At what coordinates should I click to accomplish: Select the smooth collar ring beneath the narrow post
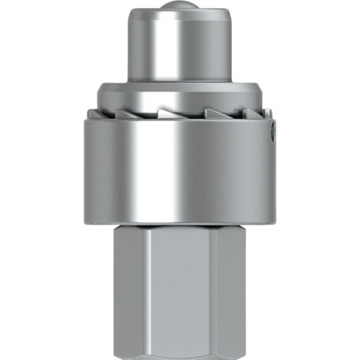pyautogui.click(x=180, y=94)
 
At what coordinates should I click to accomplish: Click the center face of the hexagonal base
pyautogui.click(x=180, y=288)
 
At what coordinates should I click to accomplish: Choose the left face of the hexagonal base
pyautogui.click(x=130, y=288)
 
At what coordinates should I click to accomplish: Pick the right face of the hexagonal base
pyautogui.click(x=230, y=288)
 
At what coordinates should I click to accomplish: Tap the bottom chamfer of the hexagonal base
pyautogui.click(x=180, y=355)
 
